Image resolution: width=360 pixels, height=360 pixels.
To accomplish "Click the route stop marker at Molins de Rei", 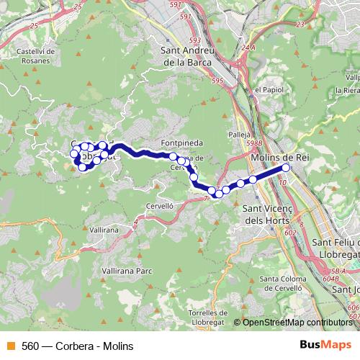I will pyautogui.click(x=286, y=168).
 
